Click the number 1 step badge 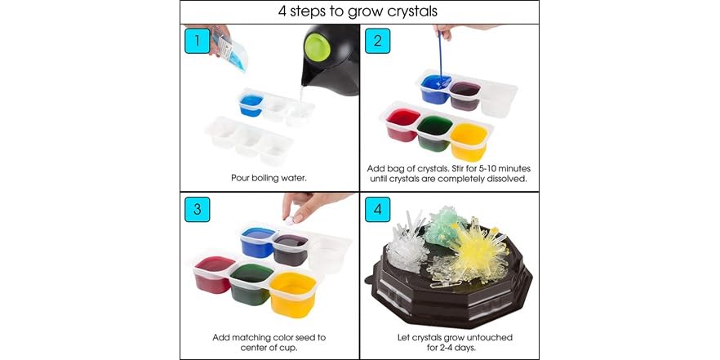point(197,41)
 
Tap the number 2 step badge point(376,41)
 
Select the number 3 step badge point(197,208)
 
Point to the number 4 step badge point(376,208)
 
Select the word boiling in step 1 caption point(267,176)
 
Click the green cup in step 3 point(251,282)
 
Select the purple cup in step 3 point(291,246)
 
